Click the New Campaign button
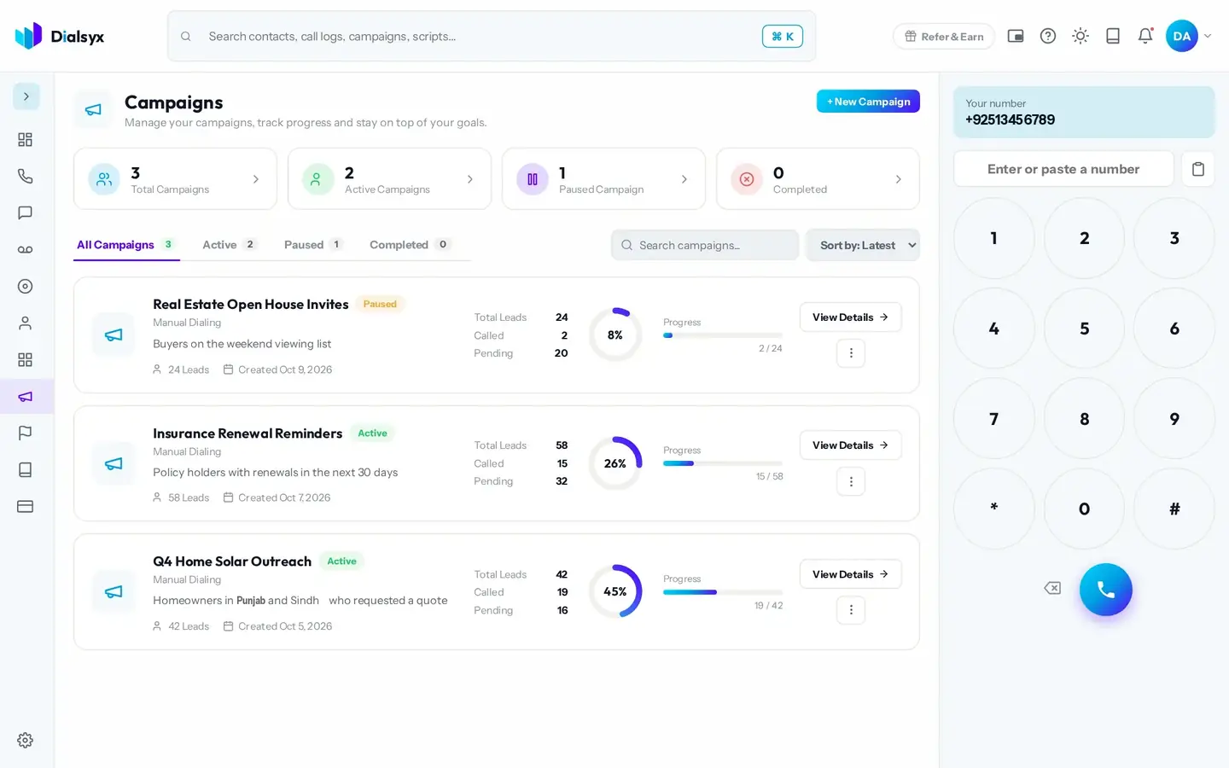coord(868,102)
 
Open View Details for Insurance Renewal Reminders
coord(850,445)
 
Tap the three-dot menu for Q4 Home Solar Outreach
coord(851,609)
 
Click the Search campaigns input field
coord(704,245)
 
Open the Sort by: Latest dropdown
coord(863,245)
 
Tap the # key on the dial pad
coord(1174,509)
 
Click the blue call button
coord(1105,590)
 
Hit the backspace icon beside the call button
coord(1052,588)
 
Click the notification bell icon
coord(1145,36)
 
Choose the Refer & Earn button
coord(944,36)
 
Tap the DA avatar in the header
coord(1182,36)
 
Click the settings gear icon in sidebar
coord(26,740)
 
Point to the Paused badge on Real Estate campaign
coord(380,304)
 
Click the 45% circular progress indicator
coord(615,591)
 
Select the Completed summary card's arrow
coord(898,179)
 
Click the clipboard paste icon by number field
coord(1198,169)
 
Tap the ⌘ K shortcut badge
coord(783,36)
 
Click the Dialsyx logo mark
coord(28,36)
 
